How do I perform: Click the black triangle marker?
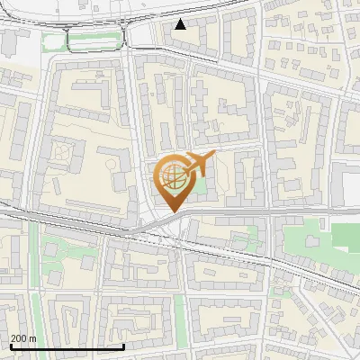(181, 24)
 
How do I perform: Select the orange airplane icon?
(201, 164)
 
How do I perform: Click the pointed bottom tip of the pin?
(173, 211)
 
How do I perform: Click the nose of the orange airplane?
(214, 157)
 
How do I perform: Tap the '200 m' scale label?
(23, 338)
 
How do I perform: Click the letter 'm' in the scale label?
(33, 338)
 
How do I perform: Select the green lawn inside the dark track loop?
(94, 40)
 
